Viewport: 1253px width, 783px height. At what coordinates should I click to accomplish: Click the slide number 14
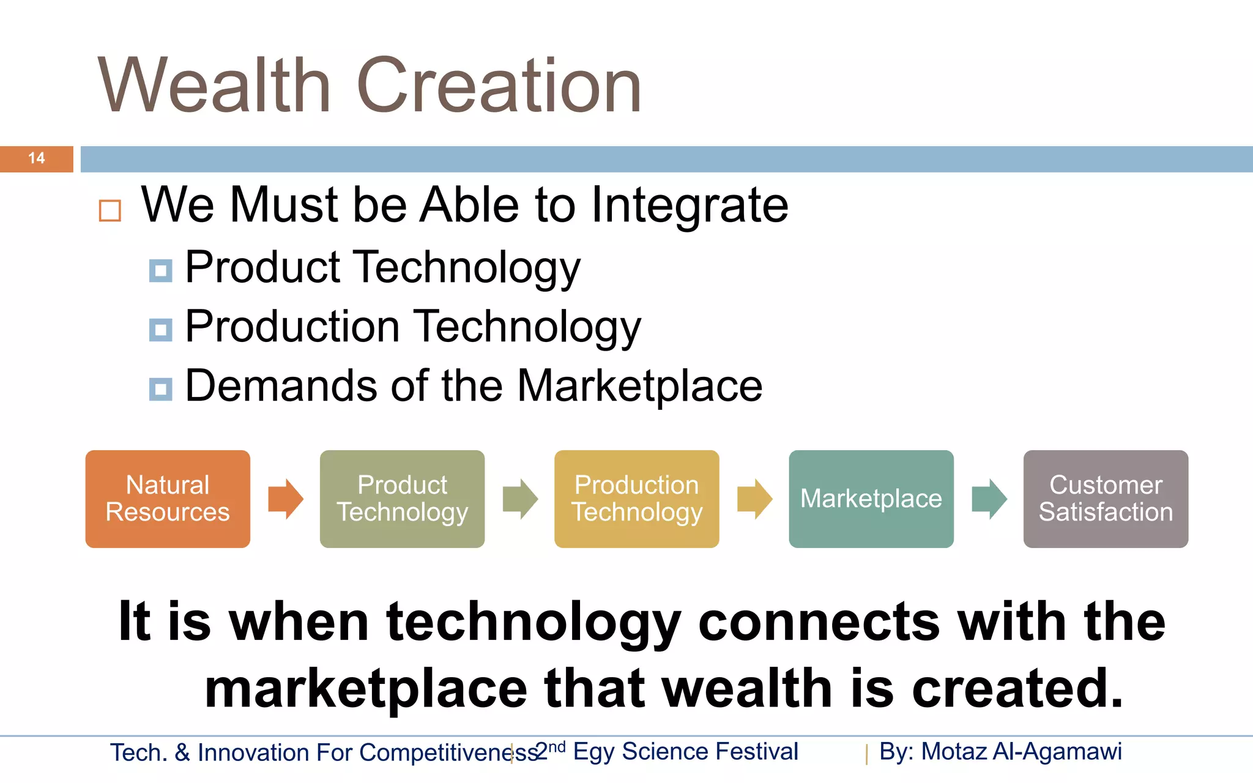pyautogui.click(x=36, y=158)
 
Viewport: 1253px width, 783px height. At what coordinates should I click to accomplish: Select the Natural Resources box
pyautogui.click(x=168, y=499)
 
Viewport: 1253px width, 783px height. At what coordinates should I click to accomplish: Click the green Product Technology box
pyautogui.click(x=402, y=499)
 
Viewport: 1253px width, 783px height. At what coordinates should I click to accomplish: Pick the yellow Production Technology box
pyautogui.click(x=636, y=499)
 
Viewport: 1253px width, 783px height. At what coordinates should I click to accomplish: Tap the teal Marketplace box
pyautogui.click(x=871, y=499)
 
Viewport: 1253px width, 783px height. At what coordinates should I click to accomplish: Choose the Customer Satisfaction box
pyautogui.click(x=1106, y=499)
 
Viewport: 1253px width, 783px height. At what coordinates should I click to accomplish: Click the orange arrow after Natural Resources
pyautogui.click(x=285, y=499)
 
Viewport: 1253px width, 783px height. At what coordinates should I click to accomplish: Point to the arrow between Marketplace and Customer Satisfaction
pyautogui.click(x=989, y=499)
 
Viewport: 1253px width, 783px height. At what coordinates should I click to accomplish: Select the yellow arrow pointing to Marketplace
pyautogui.click(x=754, y=499)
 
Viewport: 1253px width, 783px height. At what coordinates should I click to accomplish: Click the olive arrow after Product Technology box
pyautogui.click(x=520, y=499)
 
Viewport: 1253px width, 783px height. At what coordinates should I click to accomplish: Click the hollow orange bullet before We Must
pyautogui.click(x=110, y=210)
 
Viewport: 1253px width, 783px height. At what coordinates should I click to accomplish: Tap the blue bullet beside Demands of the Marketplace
pyautogui.click(x=160, y=389)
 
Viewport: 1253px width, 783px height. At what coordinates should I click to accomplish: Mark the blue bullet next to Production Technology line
pyautogui.click(x=160, y=330)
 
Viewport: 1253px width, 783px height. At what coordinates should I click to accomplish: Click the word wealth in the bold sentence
pyautogui.click(x=747, y=689)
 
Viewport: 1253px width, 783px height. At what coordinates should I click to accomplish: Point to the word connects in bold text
pyautogui.click(x=818, y=622)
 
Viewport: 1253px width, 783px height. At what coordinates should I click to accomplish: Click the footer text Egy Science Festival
pyautogui.click(x=685, y=752)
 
